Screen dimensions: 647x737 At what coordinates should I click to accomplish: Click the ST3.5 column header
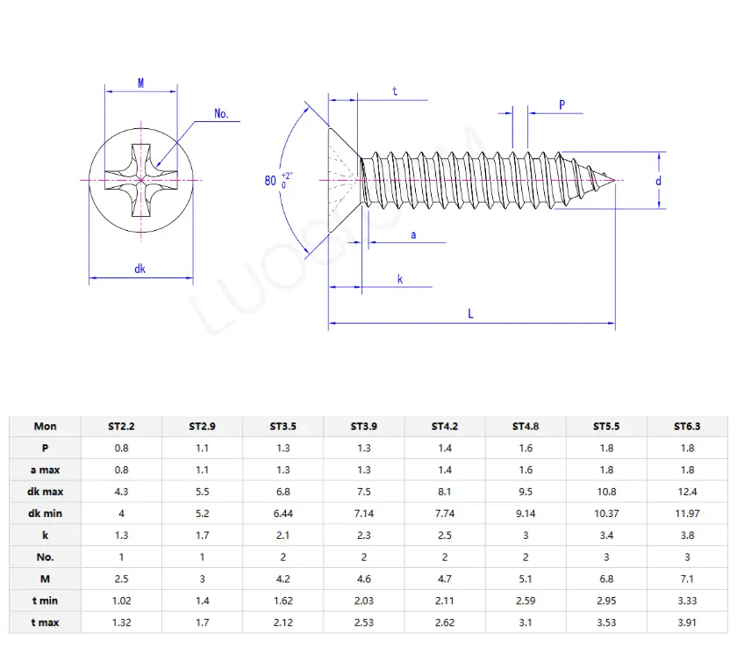point(283,427)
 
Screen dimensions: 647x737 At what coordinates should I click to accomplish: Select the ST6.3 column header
point(687,427)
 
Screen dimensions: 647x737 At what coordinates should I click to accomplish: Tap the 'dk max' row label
point(45,492)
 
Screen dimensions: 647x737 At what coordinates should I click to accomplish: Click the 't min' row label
point(45,600)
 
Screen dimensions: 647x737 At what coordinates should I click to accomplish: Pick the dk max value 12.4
point(687,492)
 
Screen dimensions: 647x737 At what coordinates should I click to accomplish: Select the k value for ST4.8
point(526,536)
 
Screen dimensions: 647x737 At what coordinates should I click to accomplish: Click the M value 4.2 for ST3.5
point(283,579)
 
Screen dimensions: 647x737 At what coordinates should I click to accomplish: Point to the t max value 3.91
point(687,622)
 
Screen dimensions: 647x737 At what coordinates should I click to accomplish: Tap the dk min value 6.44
point(283,514)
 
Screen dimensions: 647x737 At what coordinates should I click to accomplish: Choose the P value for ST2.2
point(121,449)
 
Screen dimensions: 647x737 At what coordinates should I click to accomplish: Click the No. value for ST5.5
point(606,557)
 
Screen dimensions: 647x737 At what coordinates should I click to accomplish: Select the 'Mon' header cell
point(45,427)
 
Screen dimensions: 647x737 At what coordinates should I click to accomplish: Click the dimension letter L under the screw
point(471,313)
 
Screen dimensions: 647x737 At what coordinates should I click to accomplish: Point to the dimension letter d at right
point(658,181)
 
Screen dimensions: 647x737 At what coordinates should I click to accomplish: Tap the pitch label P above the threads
point(562,104)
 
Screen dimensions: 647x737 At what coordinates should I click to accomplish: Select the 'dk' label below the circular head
point(140,269)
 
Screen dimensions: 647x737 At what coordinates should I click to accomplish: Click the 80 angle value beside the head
point(270,181)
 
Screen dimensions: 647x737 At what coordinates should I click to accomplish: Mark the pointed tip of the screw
point(614,181)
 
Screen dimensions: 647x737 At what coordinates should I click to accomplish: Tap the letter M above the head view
point(140,83)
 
